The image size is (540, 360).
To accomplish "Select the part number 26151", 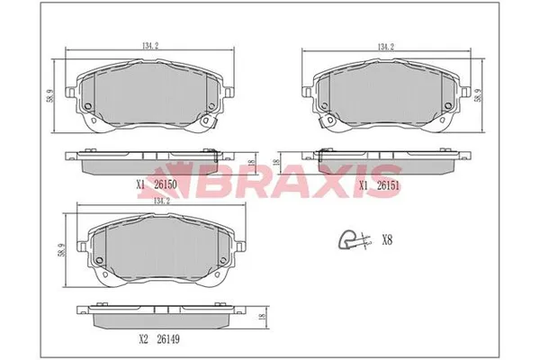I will pos(388,184).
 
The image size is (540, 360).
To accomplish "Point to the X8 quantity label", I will pos(388,240).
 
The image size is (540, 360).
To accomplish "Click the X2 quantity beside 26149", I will pos(143,341).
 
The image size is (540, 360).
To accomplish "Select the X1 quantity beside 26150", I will pos(140,184).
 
